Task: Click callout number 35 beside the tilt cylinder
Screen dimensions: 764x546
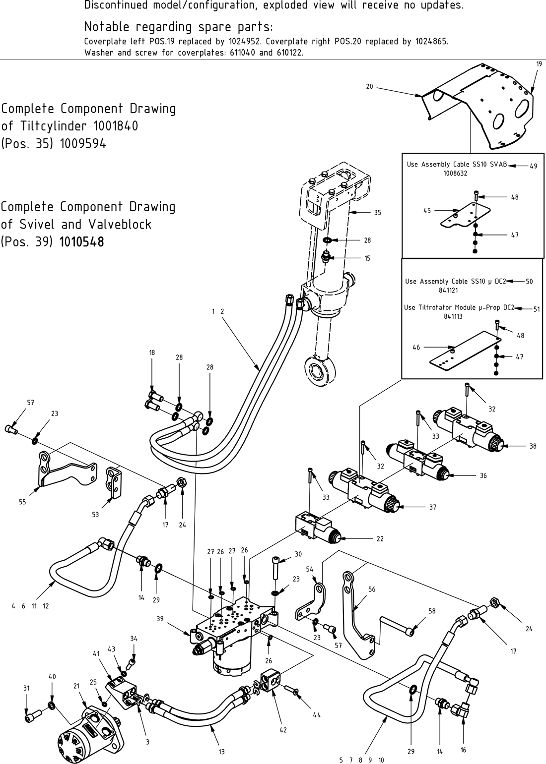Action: click(x=377, y=213)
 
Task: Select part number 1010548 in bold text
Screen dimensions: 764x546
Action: click(x=82, y=242)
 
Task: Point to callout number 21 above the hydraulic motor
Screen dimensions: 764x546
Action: click(x=76, y=686)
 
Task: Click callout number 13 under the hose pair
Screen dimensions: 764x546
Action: click(x=222, y=752)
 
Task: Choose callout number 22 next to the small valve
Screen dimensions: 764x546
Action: click(x=380, y=539)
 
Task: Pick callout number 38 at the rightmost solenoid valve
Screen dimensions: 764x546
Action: click(x=533, y=446)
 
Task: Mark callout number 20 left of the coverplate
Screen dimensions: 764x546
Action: click(x=369, y=87)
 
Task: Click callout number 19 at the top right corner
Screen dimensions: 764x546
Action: click(x=539, y=64)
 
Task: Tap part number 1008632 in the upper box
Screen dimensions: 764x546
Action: click(x=455, y=174)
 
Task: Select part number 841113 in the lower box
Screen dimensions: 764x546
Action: click(x=453, y=316)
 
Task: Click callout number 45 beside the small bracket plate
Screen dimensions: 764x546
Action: click(x=427, y=210)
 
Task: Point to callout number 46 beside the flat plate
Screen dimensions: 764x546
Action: click(x=416, y=348)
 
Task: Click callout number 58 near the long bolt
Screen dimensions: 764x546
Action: click(x=432, y=611)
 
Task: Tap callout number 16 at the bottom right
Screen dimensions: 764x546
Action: click(x=463, y=750)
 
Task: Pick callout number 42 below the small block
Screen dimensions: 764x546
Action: click(x=283, y=730)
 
